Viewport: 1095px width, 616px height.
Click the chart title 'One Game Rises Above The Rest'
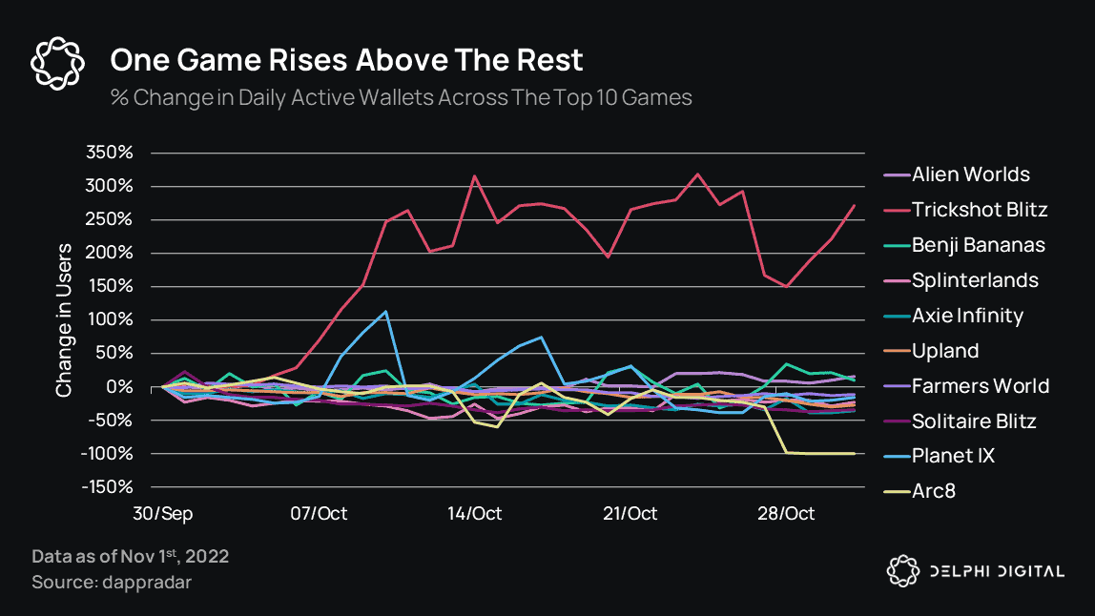(346, 60)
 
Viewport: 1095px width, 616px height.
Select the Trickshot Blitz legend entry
(980, 210)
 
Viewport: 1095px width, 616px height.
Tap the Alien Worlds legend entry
(970, 175)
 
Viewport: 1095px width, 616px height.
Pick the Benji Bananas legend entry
(978, 245)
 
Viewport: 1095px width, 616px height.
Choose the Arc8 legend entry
(933, 491)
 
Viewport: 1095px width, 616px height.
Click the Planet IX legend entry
(953, 456)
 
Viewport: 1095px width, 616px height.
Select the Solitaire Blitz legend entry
(973, 421)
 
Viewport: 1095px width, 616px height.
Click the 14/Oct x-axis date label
(475, 513)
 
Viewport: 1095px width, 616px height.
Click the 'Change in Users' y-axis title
(64, 319)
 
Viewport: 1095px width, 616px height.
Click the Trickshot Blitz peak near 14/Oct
(475, 175)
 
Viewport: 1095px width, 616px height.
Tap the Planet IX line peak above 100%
(385, 311)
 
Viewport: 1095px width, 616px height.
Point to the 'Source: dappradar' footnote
(112, 581)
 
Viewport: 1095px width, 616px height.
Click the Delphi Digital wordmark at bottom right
(996, 571)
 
